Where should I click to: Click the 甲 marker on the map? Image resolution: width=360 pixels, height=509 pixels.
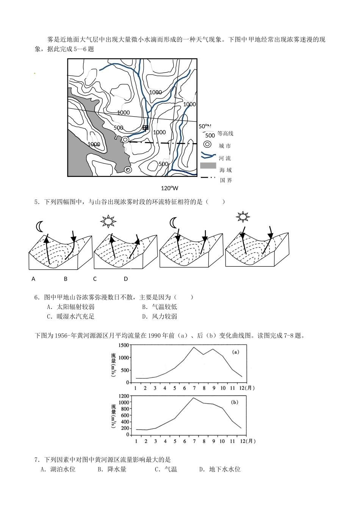(146, 128)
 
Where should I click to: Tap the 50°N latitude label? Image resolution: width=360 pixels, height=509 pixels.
(205, 126)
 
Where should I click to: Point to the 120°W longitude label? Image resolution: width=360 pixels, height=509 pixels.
(169, 188)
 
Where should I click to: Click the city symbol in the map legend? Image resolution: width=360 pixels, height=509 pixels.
(207, 144)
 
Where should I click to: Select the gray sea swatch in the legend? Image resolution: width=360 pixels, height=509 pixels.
(208, 166)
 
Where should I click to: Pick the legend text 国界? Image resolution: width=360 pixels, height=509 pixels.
(226, 180)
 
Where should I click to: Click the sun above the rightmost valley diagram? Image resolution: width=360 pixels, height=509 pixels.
(243, 217)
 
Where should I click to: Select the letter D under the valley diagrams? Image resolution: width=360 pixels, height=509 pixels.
(126, 279)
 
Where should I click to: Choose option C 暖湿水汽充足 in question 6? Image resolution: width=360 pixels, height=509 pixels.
(70, 316)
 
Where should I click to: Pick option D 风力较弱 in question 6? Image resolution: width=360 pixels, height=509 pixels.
(160, 316)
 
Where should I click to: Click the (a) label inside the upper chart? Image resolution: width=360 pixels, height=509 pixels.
(235, 352)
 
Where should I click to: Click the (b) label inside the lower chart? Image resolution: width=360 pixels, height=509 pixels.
(235, 402)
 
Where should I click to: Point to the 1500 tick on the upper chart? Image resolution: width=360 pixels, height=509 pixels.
(124, 345)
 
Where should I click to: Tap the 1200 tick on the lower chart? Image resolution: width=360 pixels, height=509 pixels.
(124, 396)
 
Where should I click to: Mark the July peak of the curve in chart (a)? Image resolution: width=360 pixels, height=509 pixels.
(194, 347)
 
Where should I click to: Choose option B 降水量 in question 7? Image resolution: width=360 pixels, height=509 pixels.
(112, 469)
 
